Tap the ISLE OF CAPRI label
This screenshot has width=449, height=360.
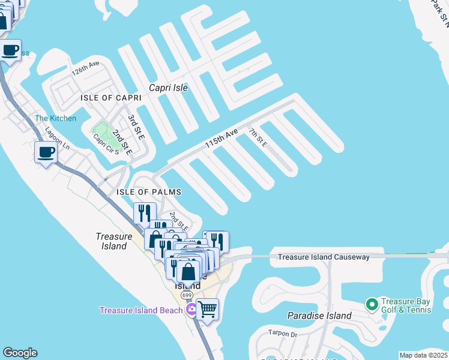point(111,98)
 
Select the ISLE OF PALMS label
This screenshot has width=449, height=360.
point(148,192)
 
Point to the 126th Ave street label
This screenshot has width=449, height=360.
point(85,68)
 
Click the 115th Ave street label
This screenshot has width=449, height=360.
point(221,139)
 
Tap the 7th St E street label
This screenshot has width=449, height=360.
point(258,137)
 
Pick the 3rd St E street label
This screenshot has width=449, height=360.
point(136,127)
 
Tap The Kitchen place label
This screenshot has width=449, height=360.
point(55,118)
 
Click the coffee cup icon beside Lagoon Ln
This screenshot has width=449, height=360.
point(46,152)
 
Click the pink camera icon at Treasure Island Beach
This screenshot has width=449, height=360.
point(191,310)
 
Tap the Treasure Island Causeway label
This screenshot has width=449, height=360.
point(323,257)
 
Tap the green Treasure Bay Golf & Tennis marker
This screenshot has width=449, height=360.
point(372,305)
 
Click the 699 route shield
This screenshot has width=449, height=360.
point(187,296)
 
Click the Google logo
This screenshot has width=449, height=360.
point(20,353)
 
